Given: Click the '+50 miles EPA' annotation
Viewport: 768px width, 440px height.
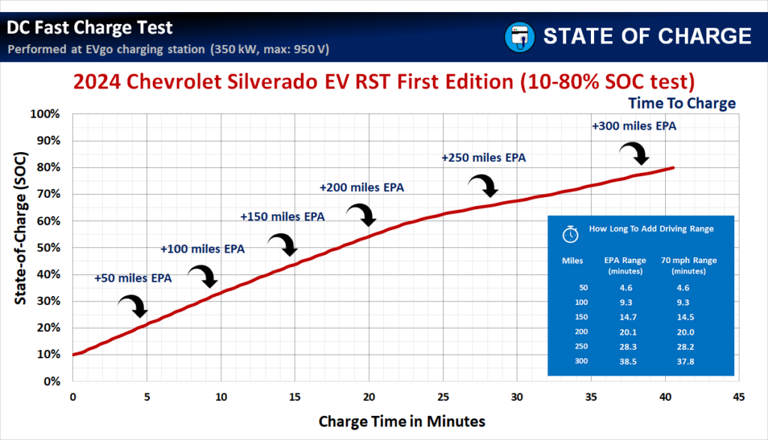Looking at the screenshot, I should click(x=133, y=278).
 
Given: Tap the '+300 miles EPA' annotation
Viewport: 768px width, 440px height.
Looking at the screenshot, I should click(x=634, y=126).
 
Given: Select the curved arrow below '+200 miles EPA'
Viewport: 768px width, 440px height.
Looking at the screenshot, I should click(x=361, y=214).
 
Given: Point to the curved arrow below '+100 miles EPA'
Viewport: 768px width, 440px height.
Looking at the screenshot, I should click(x=203, y=276).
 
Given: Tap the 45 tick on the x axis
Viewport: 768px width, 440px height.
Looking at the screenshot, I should click(x=739, y=396).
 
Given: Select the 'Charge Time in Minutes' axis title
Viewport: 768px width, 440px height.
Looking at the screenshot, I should click(x=402, y=421).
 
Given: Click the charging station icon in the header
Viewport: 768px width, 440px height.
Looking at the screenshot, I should click(x=517, y=36).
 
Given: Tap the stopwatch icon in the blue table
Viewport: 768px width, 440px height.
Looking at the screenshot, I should click(x=571, y=234).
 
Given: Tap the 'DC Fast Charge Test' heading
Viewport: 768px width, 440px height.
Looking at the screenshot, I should click(x=90, y=28).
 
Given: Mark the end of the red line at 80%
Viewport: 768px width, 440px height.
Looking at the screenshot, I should click(x=673, y=167).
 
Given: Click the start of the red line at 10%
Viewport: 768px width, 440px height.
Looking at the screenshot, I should click(x=73, y=355).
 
